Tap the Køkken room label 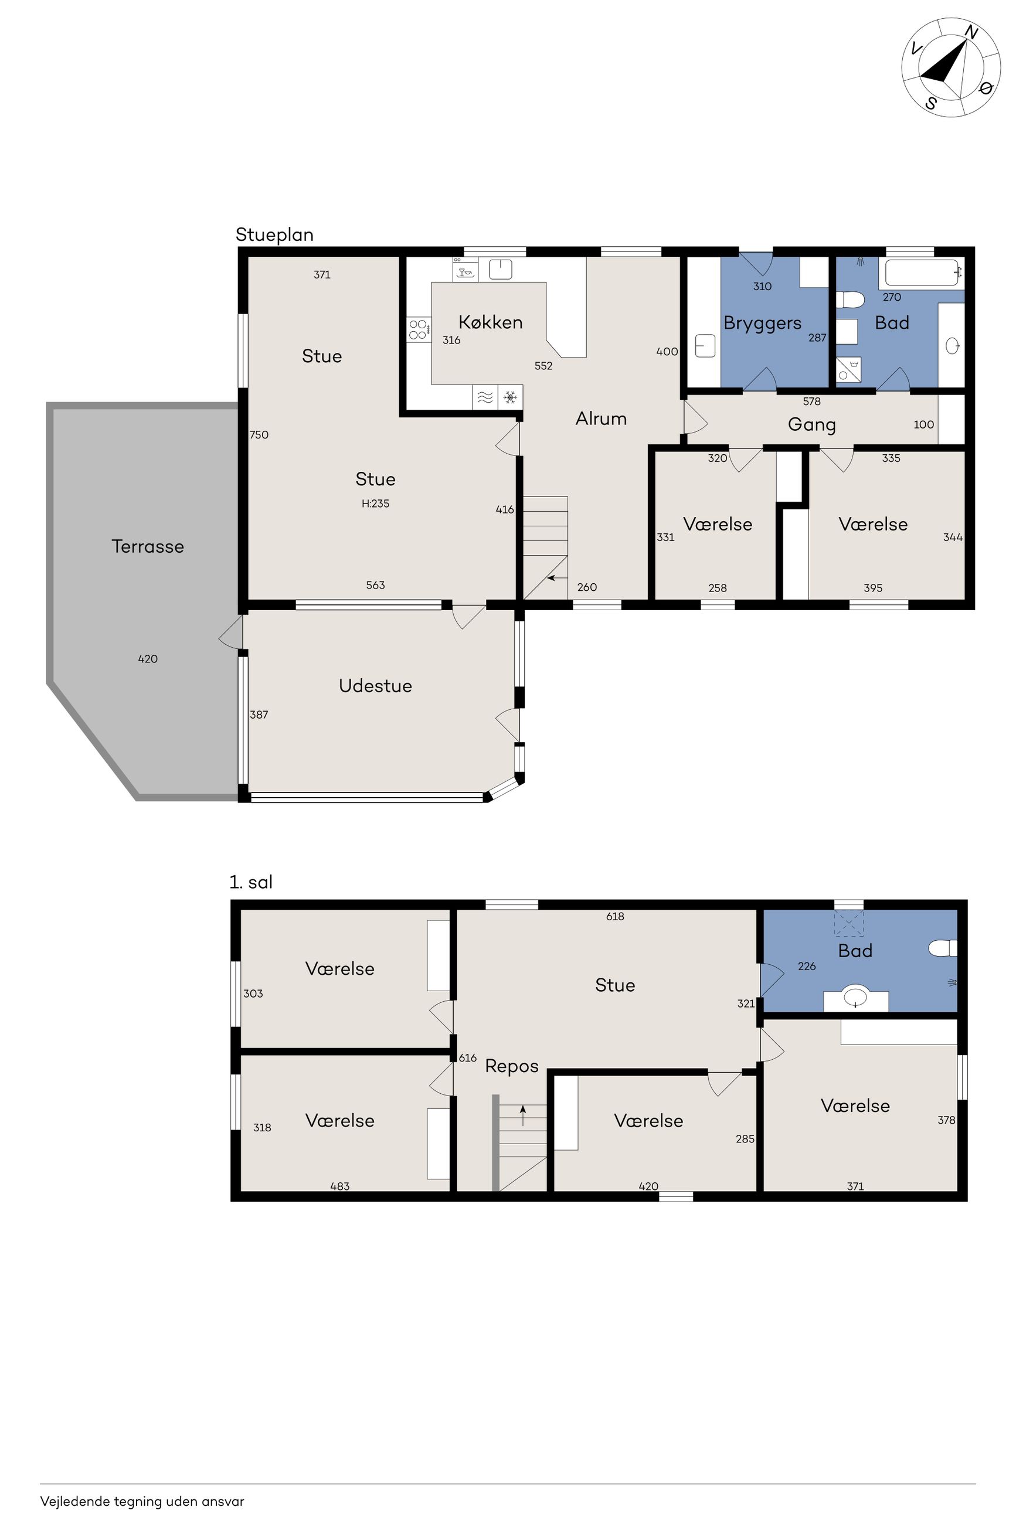pos(491,322)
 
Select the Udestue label pos(375,686)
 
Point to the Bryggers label pos(763,323)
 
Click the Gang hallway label pos(812,425)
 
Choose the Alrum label pos(602,419)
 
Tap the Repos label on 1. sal pos(512,1066)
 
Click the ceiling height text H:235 pos(375,504)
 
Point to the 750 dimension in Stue pos(259,434)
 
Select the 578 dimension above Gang pos(812,401)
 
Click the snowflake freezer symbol pos(511,397)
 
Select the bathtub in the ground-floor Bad pos(922,273)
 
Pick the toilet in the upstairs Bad pos(943,949)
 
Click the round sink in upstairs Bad pos(856,995)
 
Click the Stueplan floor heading pos(275,234)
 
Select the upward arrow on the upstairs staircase pos(523,1116)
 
